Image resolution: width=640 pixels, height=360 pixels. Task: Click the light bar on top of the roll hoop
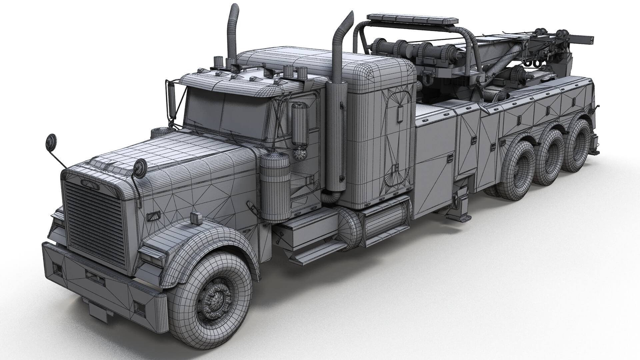pyautogui.click(x=413, y=19)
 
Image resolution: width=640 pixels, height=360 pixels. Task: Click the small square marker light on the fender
pyautogui.click(x=194, y=218)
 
